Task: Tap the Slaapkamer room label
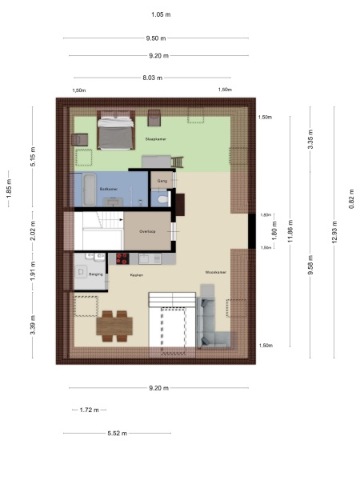tap(155, 139)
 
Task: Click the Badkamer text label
tap(109, 189)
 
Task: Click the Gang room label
tap(162, 181)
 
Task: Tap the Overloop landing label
tap(146, 231)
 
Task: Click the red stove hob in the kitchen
tap(123, 258)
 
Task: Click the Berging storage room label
tap(96, 274)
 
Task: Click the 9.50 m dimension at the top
tap(156, 38)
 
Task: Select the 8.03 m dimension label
tap(152, 78)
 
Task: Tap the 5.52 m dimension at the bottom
tap(117, 434)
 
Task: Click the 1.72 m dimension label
tap(90, 410)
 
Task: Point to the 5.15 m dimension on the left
tap(33, 154)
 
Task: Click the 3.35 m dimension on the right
tap(310, 143)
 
